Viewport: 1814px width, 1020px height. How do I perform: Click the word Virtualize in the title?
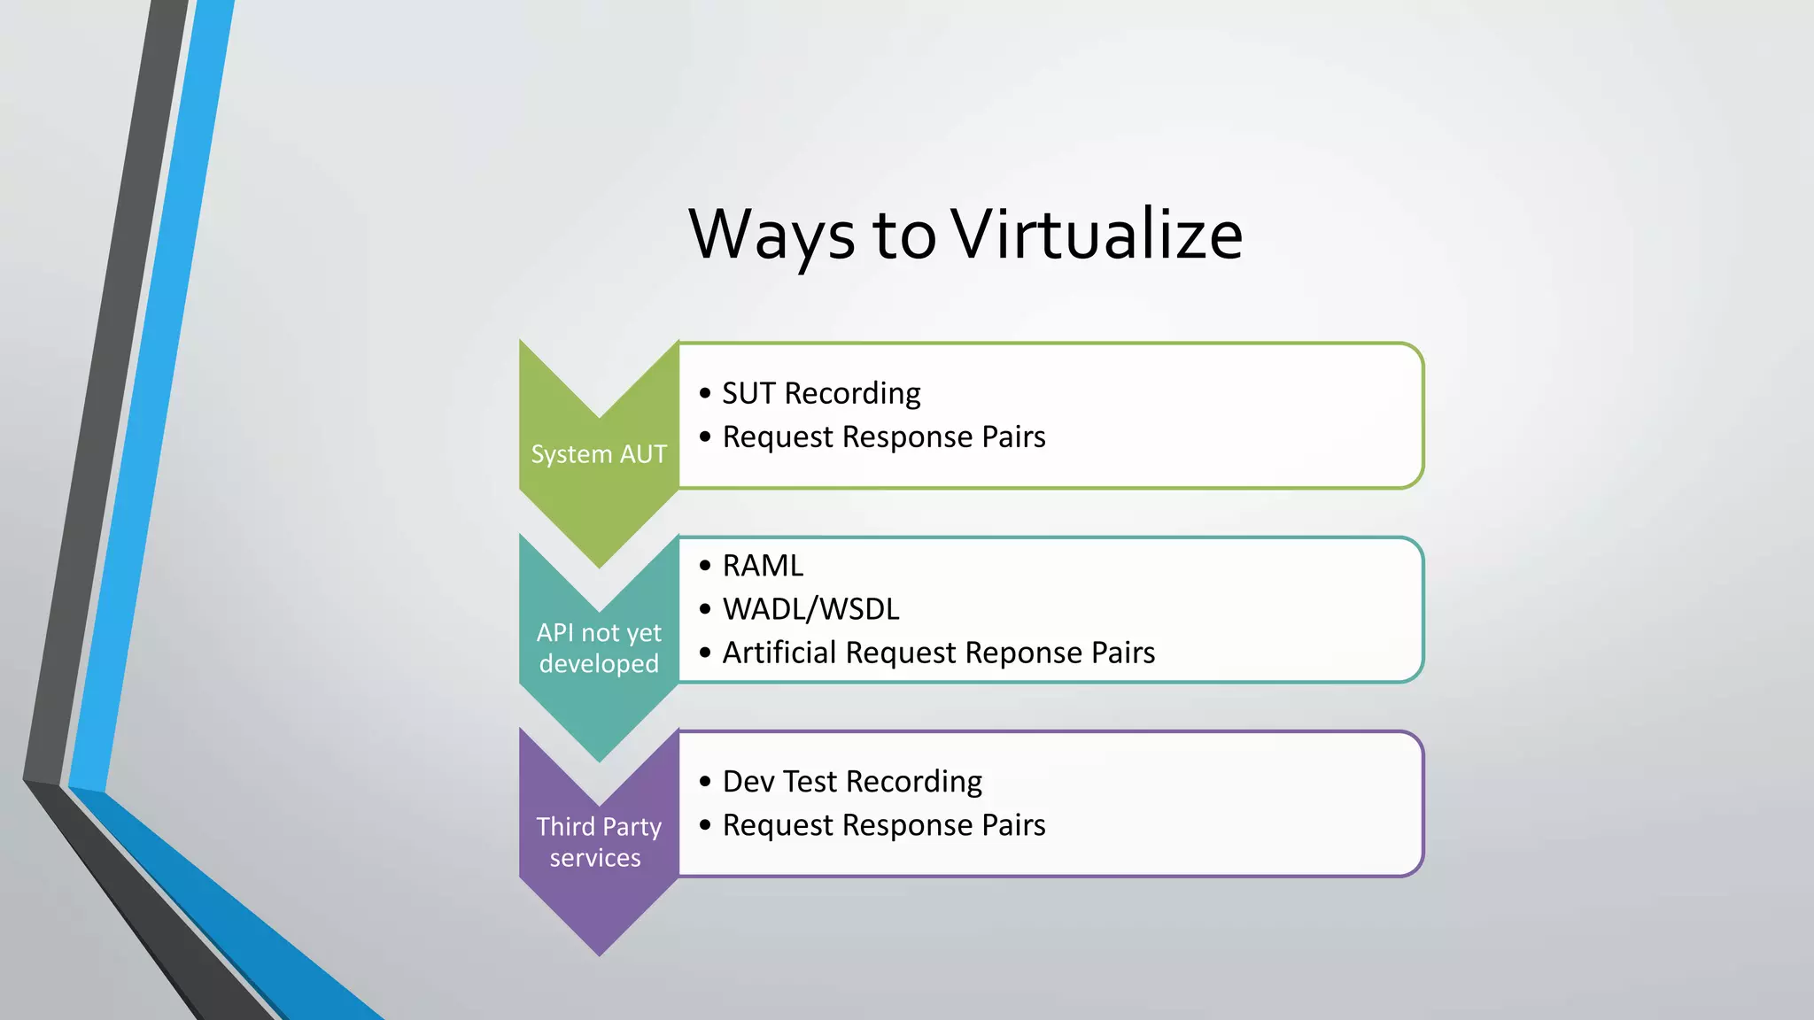(x=1097, y=235)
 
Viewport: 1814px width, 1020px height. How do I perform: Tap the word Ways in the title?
(x=771, y=235)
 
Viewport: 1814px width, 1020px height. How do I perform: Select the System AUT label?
(x=599, y=454)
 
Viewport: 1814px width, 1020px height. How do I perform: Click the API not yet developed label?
(x=599, y=648)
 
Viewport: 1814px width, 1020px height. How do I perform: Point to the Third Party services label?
(x=599, y=842)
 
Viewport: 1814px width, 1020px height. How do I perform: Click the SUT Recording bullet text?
(x=821, y=393)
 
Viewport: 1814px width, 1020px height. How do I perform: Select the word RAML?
(x=763, y=566)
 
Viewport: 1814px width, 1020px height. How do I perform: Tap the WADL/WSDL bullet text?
(x=810, y=609)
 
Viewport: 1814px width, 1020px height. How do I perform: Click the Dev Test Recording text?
(x=852, y=782)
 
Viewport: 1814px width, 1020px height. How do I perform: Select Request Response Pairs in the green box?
(x=884, y=437)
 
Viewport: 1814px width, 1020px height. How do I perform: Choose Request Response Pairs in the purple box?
(x=884, y=825)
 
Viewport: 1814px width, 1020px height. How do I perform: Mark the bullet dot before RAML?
(x=705, y=566)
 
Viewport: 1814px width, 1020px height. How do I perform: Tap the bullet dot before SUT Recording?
(x=705, y=393)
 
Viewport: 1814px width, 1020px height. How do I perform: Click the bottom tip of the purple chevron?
(x=600, y=953)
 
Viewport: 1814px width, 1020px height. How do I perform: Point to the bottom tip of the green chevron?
(x=600, y=565)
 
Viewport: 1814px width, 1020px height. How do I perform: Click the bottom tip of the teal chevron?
(x=600, y=759)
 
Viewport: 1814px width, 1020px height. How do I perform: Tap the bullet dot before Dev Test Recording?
(x=705, y=782)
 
